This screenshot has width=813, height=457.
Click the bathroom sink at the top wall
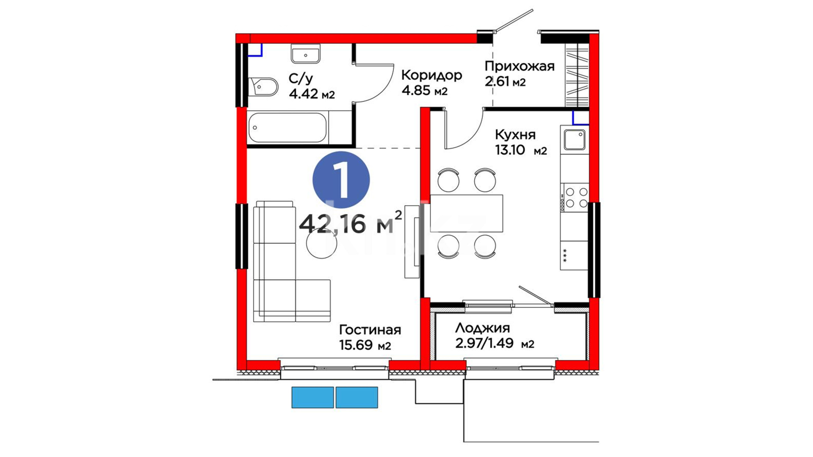pyautogui.click(x=305, y=54)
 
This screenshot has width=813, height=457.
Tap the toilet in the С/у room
pyautogui.click(x=263, y=87)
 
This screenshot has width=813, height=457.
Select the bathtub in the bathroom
pyautogui.click(x=288, y=127)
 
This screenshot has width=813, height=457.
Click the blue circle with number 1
pyautogui.click(x=341, y=180)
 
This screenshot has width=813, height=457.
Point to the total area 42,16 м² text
pyautogui.click(x=351, y=223)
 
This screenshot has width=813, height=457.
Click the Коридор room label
pyautogui.click(x=431, y=75)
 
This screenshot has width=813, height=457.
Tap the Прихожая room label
pyautogui.click(x=520, y=66)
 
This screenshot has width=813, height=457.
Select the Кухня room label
pyautogui.click(x=515, y=135)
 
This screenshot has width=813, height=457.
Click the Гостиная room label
pyautogui.click(x=370, y=330)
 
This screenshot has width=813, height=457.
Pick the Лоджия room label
pyautogui.click(x=482, y=328)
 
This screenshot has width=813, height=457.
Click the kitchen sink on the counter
pyautogui.click(x=575, y=140)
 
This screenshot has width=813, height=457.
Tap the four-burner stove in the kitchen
pyautogui.click(x=575, y=198)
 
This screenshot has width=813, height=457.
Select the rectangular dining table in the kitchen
pyautogui.click(x=467, y=213)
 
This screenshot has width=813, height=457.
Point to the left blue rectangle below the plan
pyautogui.click(x=312, y=397)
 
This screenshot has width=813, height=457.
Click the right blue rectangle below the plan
pyautogui.click(x=357, y=397)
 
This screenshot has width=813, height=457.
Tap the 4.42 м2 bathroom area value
pyautogui.click(x=312, y=94)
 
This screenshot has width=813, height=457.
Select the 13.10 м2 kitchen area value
pyautogui.click(x=521, y=150)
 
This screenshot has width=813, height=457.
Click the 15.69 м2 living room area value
pyautogui.click(x=365, y=345)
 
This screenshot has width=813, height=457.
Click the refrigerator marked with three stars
pyautogui.click(x=574, y=255)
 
